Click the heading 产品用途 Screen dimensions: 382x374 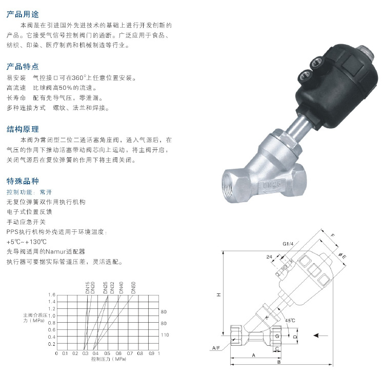pos(23,14)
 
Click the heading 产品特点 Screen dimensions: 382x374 pos(23,67)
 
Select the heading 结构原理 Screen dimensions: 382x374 pos(23,129)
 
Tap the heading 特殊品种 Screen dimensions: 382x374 pos(23,181)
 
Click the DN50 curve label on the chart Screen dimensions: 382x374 pos(133,288)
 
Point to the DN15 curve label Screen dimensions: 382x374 pos(88,288)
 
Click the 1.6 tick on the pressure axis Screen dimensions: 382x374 pos(52,295)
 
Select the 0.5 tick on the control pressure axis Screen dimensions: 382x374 pos(107,353)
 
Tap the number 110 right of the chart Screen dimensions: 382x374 pos(165,334)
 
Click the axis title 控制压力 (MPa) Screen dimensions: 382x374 pos(109,359)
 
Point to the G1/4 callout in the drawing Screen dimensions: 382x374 pos(288,244)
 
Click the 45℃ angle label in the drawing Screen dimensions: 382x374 pos(290,320)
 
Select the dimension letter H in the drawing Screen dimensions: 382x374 pos(219,295)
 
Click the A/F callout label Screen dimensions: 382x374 pos(216,348)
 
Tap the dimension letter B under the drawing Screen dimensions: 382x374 pos(279,362)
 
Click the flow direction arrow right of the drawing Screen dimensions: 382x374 pos(320,336)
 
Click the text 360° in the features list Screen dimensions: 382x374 pos(79,78)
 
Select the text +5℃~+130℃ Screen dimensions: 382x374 pos(26,242)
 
